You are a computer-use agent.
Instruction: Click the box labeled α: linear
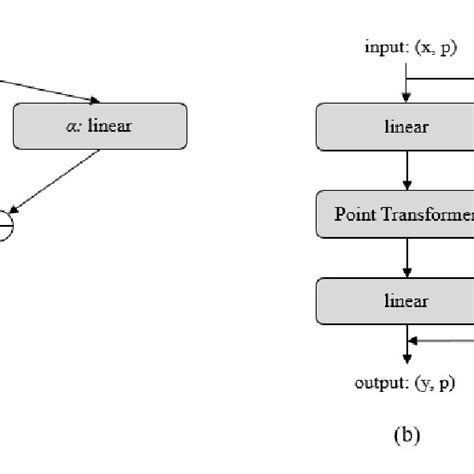(x=100, y=126)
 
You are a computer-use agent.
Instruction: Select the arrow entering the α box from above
(x=50, y=90)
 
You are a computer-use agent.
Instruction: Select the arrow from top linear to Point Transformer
(x=407, y=170)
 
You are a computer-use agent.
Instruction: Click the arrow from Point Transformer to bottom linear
(x=407, y=257)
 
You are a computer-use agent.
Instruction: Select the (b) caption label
(x=408, y=435)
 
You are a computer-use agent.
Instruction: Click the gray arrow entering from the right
(x=445, y=340)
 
